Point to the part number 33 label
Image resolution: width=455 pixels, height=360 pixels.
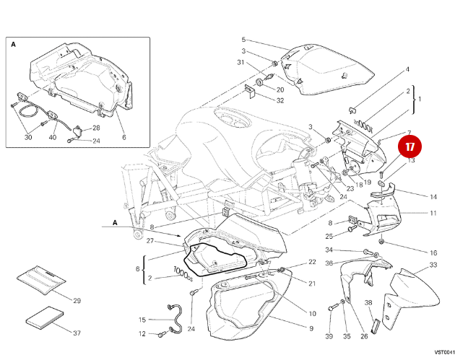[433, 265]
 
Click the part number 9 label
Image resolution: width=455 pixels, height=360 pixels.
[311, 329]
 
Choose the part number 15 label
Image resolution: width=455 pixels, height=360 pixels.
[142, 320]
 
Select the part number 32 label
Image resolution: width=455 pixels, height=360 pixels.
[279, 100]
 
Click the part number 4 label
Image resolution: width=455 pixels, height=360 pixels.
[407, 69]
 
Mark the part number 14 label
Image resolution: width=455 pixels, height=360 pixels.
[433, 196]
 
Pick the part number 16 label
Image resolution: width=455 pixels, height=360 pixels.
[433, 253]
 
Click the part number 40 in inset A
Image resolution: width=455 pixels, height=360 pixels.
[53, 138]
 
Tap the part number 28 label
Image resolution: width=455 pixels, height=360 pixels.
[96, 128]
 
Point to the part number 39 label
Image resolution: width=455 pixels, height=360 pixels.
[329, 337]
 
